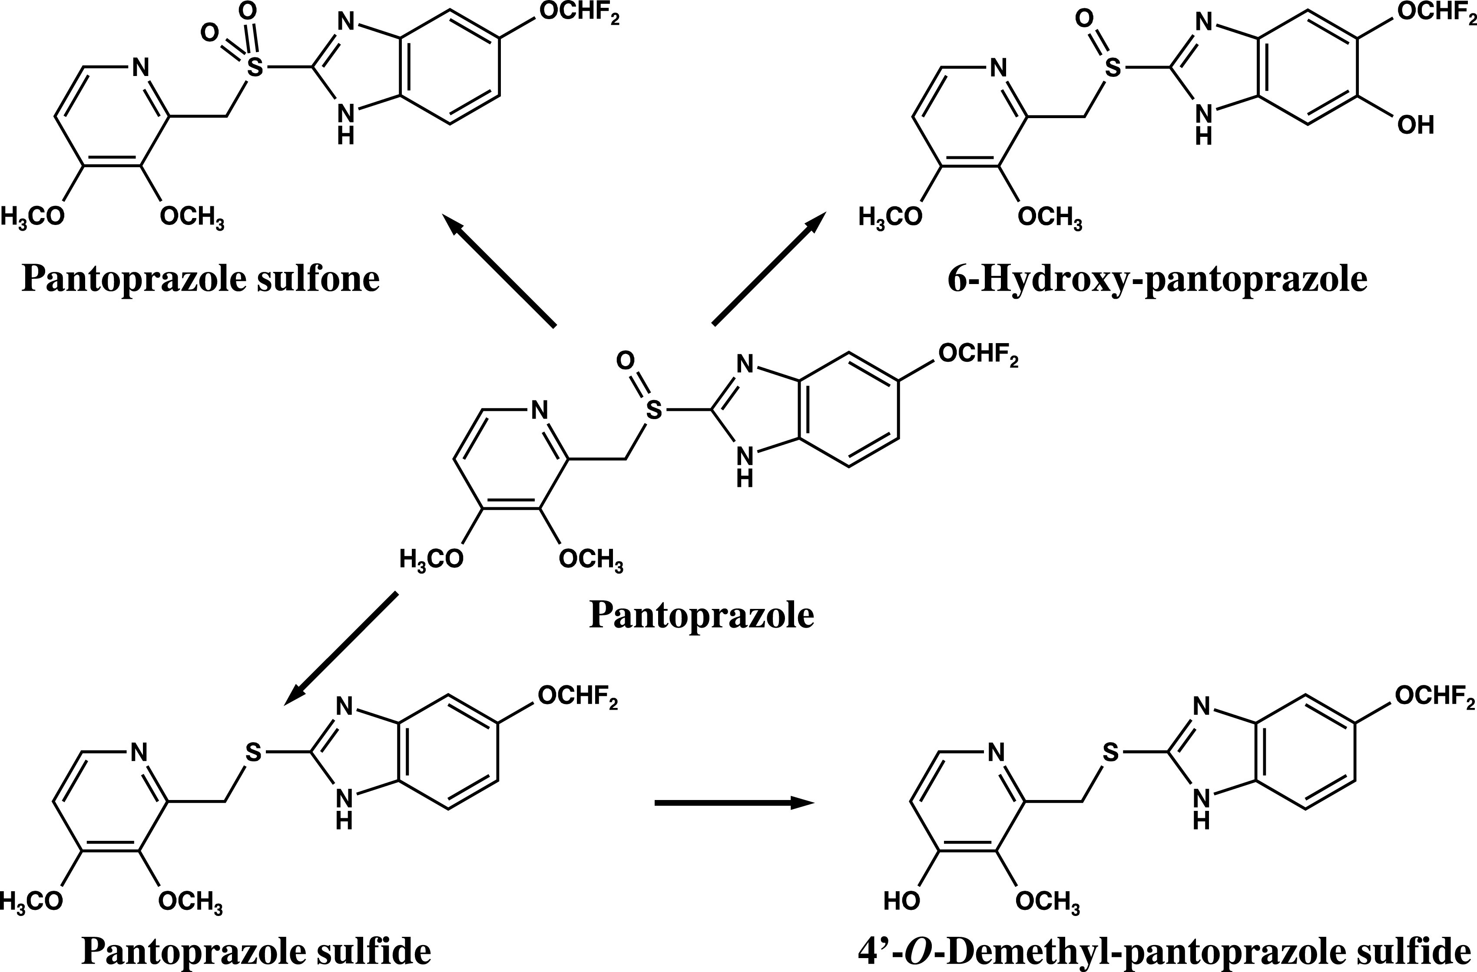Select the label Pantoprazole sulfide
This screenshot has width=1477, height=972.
[x=256, y=950]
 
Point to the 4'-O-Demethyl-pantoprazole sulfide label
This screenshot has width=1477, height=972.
[x=1164, y=950]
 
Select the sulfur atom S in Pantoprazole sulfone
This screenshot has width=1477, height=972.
[x=255, y=67]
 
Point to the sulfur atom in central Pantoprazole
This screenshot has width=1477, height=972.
[x=653, y=410]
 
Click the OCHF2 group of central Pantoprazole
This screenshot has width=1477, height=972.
[x=978, y=355]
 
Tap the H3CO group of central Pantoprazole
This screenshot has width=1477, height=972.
[x=431, y=559]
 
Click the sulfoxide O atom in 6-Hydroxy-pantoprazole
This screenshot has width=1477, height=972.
[x=1084, y=19]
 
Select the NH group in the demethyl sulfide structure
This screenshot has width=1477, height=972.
[x=1202, y=811]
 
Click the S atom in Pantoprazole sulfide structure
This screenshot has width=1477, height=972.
[x=253, y=752]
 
